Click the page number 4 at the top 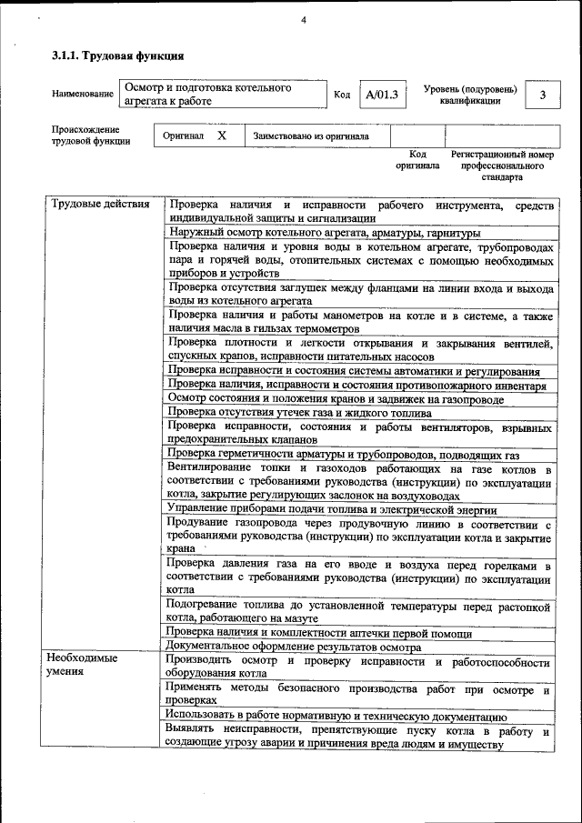click(304, 20)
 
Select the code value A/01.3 click(381, 95)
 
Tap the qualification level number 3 click(542, 95)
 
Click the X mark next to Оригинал click(222, 135)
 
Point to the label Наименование click(83, 95)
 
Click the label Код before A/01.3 click(342, 95)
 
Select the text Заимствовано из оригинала click(311, 136)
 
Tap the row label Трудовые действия click(100, 204)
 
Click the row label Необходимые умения click(85, 666)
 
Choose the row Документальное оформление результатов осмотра click(294, 647)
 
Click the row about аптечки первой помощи click(313, 632)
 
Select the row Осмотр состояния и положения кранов click(336, 398)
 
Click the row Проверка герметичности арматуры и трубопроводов click(344, 453)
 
